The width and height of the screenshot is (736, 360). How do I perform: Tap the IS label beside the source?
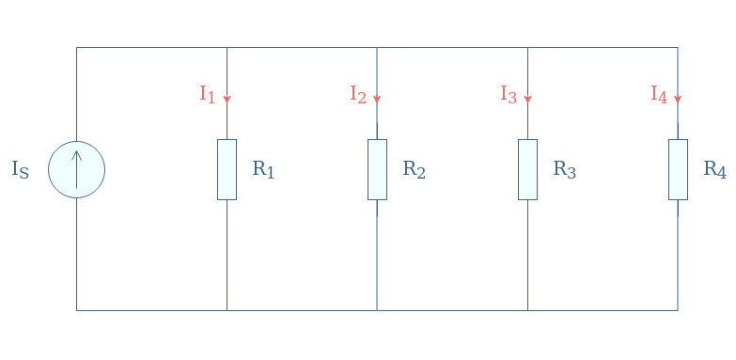click(x=20, y=170)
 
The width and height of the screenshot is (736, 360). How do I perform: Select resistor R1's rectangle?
click(x=227, y=169)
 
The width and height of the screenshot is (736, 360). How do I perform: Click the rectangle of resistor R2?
click(x=377, y=169)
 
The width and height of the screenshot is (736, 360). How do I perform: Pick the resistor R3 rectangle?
click(x=527, y=169)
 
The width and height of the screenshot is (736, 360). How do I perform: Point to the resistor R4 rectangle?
click(x=678, y=169)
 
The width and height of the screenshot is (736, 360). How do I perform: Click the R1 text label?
click(x=263, y=170)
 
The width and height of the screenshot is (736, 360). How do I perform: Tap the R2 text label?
click(x=414, y=170)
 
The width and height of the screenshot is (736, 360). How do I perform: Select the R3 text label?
click(x=564, y=170)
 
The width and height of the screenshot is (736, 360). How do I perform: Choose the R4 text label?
click(x=714, y=170)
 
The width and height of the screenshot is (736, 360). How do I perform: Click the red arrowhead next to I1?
click(x=227, y=98)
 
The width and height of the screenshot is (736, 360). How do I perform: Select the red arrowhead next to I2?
click(x=377, y=98)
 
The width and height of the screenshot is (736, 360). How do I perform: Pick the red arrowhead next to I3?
click(x=527, y=98)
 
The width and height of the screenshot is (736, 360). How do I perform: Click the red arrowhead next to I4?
click(x=678, y=98)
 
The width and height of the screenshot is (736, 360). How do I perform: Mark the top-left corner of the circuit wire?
click(x=76, y=47)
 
